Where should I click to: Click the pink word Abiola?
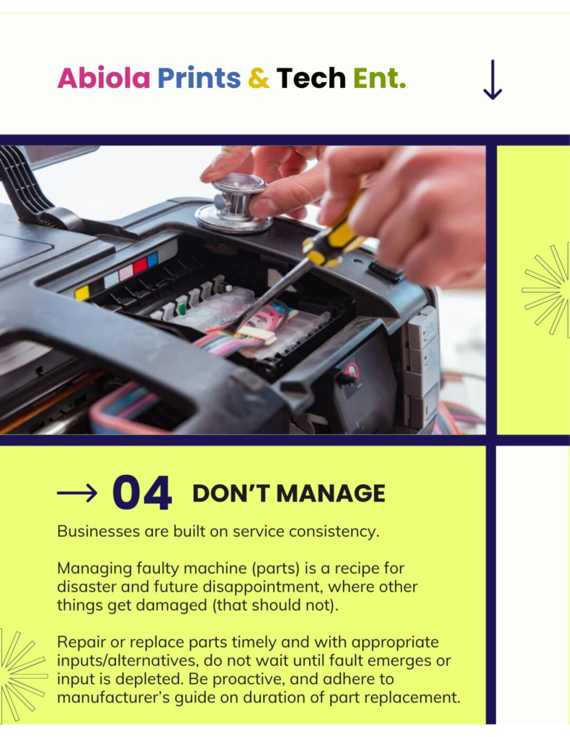[x=104, y=78]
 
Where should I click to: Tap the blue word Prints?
[x=199, y=78]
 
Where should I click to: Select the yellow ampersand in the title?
[x=259, y=78]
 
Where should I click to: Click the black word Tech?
[x=311, y=78]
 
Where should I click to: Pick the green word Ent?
[x=379, y=78]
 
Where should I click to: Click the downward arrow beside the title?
[x=492, y=79]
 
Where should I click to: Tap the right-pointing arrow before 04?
[x=77, y=493]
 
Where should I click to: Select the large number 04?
[x=142, y=492]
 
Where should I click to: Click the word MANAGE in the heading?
[x=331, y=494]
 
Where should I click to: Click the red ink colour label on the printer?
[x=141, y=266]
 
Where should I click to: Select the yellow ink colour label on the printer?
[x=82, y=293]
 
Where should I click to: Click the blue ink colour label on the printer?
[x=153, y=260]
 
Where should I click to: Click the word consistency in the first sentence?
[x=334, y=532]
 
